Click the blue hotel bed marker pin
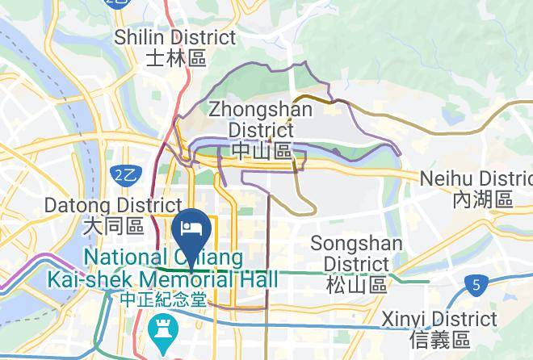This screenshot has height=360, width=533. (192, 228)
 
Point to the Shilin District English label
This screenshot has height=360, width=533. (174, 37)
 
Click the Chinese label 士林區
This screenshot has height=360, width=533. (176, 58)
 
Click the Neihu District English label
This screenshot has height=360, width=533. (476, 178)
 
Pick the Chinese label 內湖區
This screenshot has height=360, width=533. (483, 199)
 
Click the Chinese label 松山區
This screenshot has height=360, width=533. (356, 284)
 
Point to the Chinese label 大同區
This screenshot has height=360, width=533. (113, 227)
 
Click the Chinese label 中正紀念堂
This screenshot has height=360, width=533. (162, 299)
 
